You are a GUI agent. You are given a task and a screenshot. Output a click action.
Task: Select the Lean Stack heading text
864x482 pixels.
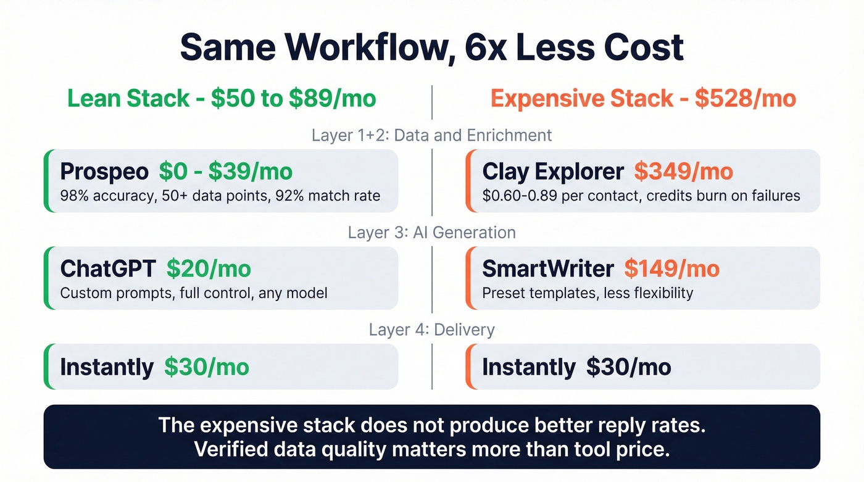tap(128, 99)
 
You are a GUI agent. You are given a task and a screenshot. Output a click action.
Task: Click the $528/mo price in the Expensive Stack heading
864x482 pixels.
tap(745, 99)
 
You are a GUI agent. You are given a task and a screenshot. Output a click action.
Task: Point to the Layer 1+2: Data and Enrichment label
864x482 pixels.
tap(431, 135)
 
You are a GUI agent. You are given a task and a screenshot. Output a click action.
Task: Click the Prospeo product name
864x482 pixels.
tap(104, 172)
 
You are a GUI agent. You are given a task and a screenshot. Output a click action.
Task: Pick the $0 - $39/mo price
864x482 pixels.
tap(225, 172)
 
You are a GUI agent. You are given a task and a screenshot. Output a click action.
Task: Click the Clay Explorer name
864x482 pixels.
tap(553, 172)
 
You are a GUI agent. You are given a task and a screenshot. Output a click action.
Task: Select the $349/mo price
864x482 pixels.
tap(683, 172)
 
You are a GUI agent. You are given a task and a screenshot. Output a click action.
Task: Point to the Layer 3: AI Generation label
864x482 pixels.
tap(431, 233)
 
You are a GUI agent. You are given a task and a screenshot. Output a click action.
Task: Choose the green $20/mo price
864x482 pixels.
tap(209, 268)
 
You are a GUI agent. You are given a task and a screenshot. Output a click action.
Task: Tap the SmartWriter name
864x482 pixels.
tap(548, 268)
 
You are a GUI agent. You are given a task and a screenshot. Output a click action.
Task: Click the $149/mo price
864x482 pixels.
tap(671, 268)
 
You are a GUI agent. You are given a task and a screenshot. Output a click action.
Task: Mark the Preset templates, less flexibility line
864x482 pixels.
tap(588, 293)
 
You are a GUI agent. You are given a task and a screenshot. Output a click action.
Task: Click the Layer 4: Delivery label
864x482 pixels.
tap(431, 330)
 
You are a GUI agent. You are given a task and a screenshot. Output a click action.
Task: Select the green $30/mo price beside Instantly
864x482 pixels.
tap(207, 367)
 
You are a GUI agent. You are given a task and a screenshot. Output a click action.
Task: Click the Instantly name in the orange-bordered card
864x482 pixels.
tap(529, 367)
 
